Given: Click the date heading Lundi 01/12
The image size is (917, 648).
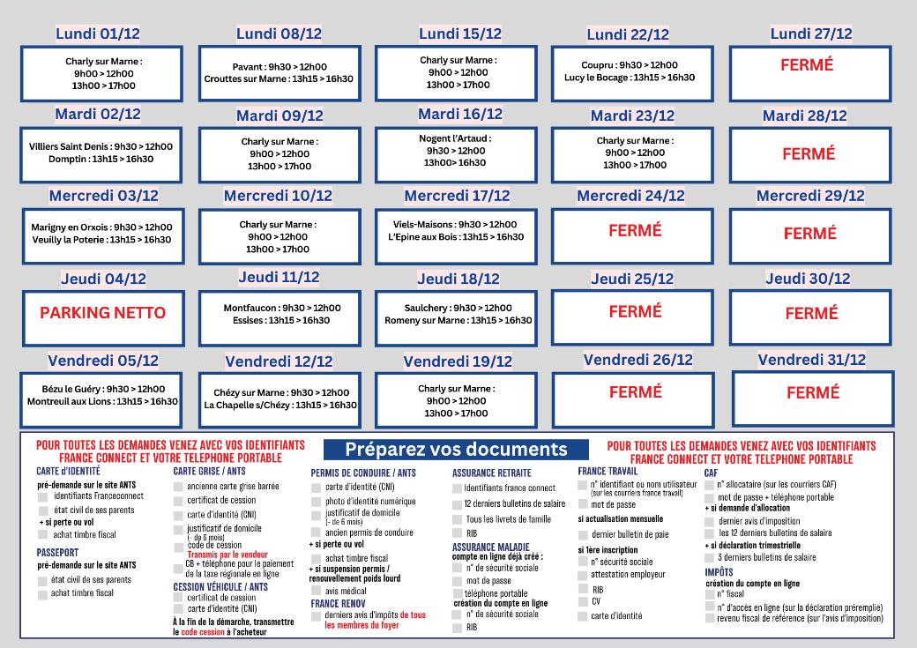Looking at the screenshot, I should point(98,34).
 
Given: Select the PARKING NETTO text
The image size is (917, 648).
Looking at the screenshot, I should point(102,313).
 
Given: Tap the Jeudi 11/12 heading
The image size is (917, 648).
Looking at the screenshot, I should point(279,277).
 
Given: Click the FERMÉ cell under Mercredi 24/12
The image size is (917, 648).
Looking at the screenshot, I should point(635,230).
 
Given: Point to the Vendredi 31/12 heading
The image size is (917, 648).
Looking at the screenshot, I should point(811,360).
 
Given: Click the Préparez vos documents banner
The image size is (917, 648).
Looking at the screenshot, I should point(456,450).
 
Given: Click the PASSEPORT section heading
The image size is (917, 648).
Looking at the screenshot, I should point(58,552).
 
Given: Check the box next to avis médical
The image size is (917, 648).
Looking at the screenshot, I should point(317,592).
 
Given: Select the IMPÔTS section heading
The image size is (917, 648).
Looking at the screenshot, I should point(719,572).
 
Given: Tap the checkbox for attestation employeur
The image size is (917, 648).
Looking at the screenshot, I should point(583,575).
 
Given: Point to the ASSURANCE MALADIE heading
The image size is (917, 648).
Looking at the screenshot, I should point(491,547).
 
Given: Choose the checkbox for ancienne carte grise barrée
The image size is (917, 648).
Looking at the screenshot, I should point(179,486).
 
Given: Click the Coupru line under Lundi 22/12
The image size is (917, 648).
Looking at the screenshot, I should point(630,65).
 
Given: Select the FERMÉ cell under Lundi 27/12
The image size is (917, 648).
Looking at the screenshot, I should point(807,65).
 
